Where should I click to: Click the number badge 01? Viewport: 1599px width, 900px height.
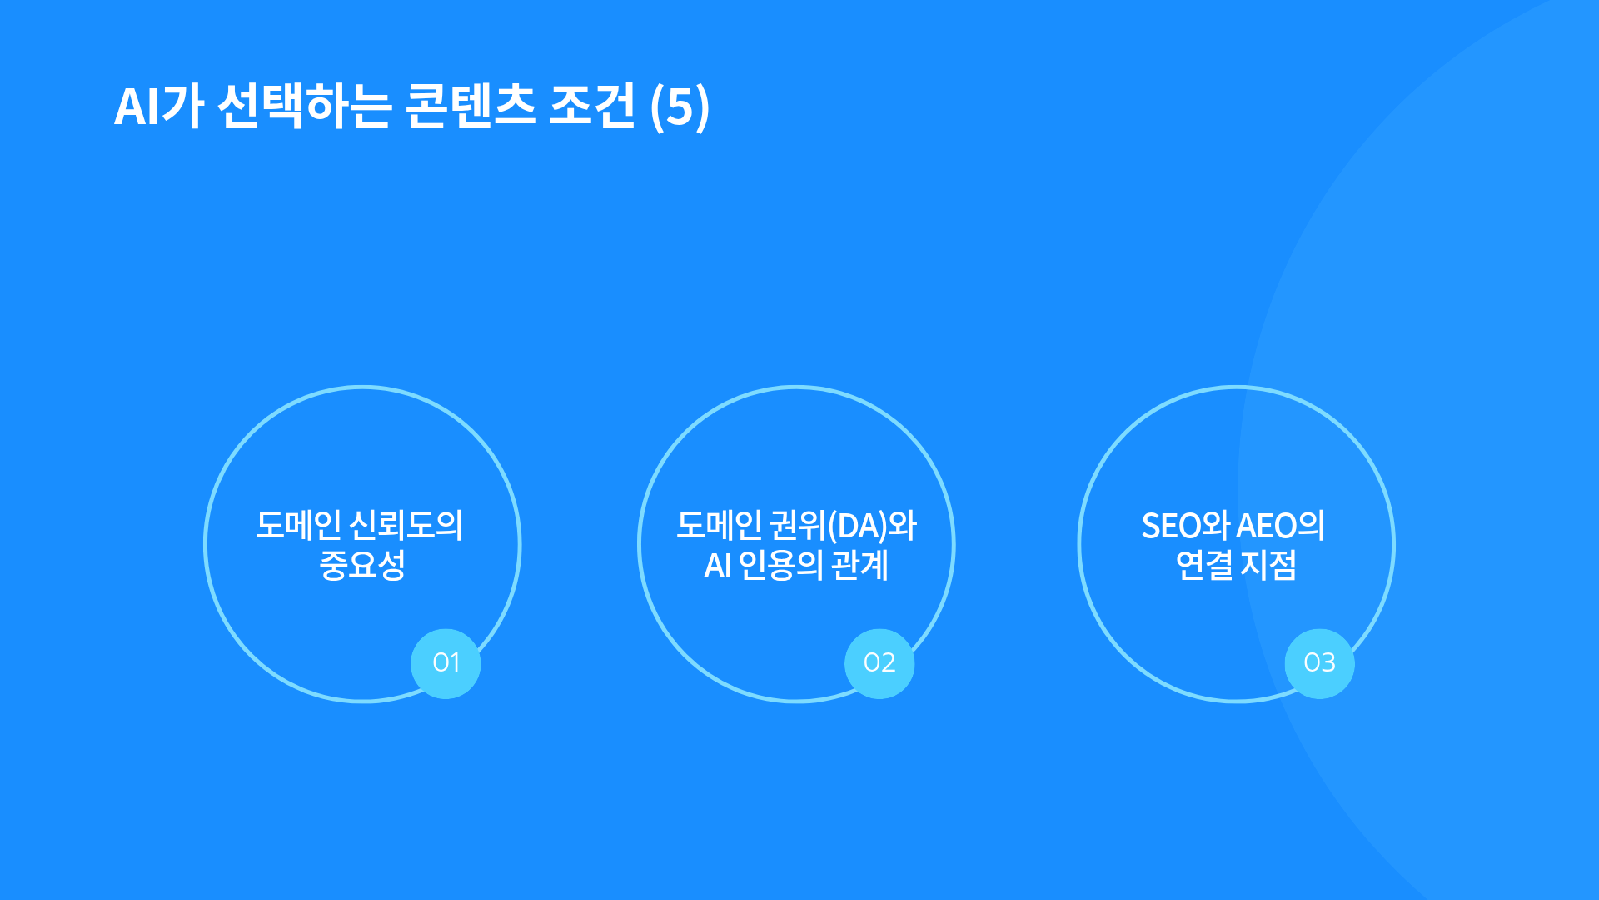point(446,663)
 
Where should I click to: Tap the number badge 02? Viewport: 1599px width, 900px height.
point(879,663)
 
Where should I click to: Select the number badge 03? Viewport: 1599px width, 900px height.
point(1319,663)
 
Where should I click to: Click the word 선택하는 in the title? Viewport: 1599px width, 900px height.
point(304,106)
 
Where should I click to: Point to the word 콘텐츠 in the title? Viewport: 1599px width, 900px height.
point(471,106)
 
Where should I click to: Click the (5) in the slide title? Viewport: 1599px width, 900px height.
point(680,107)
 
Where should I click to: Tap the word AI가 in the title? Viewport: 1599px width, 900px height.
point(158,106)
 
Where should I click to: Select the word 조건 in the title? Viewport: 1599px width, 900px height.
point(592,106)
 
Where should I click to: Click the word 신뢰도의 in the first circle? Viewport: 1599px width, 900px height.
point(406,525)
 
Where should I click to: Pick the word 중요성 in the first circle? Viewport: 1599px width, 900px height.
point(362,565)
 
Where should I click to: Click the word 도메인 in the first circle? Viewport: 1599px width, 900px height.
point(298,525)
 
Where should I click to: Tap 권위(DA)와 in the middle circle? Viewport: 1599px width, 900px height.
point(842,526)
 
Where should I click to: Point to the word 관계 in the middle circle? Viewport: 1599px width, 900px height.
point(860,565)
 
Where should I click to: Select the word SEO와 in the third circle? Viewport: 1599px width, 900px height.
point(1186,526)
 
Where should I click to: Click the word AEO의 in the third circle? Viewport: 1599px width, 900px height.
point(1281,526)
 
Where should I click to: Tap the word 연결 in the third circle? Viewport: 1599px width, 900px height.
point(1204,565)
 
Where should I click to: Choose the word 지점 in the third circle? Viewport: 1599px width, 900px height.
point(1268,565)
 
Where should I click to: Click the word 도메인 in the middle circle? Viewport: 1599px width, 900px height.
point(719,525)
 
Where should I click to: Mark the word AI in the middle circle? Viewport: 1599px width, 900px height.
point(718,566)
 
